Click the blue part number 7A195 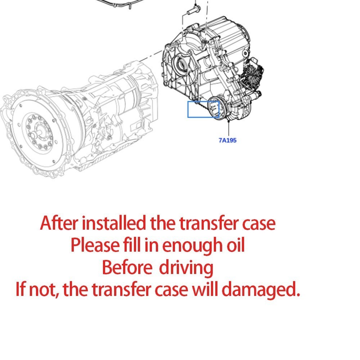tap(228, 140)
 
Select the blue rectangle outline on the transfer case tap(203, 109)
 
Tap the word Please tap(95, 246)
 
